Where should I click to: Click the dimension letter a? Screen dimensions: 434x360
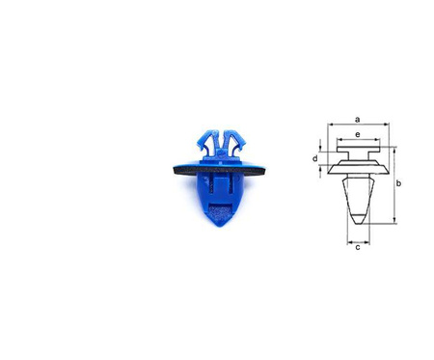click(358, 120)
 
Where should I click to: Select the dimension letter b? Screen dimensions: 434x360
click(398, 183)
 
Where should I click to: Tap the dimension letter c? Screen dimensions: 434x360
click(358, 247)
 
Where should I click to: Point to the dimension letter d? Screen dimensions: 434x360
click(315, 158)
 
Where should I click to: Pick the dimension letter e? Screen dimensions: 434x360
click(358, 134)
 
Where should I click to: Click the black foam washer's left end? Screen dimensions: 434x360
click(175, 170)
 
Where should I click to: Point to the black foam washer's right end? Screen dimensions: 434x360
click(263, 170)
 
